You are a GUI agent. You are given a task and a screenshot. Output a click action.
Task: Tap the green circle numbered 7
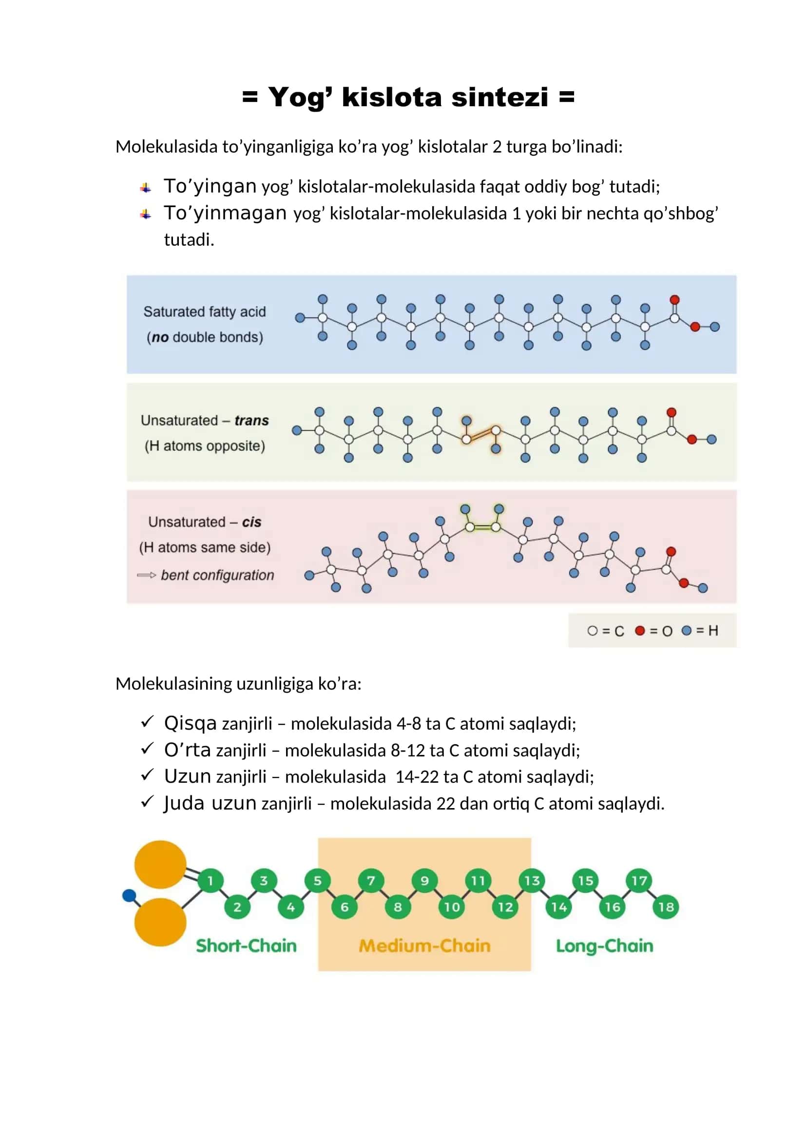click(x=371, y=881)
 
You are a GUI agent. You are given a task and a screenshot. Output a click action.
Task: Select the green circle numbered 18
click(x=666, y=907)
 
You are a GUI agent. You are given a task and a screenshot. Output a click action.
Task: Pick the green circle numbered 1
click(x=211, y=881)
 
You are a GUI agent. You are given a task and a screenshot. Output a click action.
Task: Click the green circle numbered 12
click(x=505, y=907)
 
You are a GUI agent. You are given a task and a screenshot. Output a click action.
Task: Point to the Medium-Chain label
click(x=424, y=946)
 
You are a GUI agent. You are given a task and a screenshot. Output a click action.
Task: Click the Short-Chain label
click(x=246, y=946)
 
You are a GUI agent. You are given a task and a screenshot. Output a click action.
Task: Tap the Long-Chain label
click(x=604, y=947)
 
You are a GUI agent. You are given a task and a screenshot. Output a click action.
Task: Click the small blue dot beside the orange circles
click(x=129, y=895)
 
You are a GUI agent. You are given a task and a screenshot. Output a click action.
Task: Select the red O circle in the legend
click(x=640, y=631)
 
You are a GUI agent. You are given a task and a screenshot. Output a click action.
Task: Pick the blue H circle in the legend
click(x=687, y=631)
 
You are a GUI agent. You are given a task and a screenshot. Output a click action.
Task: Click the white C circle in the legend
click(x=592, y=631)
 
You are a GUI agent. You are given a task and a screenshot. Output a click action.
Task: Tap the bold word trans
click(x=251, y=421)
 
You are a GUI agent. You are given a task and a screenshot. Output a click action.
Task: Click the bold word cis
click(x=251, y=522)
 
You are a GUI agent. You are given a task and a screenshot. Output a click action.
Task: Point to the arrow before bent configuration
click(x=146, y=575)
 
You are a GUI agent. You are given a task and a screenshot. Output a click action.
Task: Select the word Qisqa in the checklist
click(x=191, y=723)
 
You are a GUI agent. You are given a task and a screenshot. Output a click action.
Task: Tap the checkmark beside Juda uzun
click(x=147, y=801)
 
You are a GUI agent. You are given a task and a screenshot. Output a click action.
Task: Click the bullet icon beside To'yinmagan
click(x=145, y=214)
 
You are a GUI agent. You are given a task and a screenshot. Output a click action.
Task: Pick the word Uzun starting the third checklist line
click(x=188, y=776)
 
